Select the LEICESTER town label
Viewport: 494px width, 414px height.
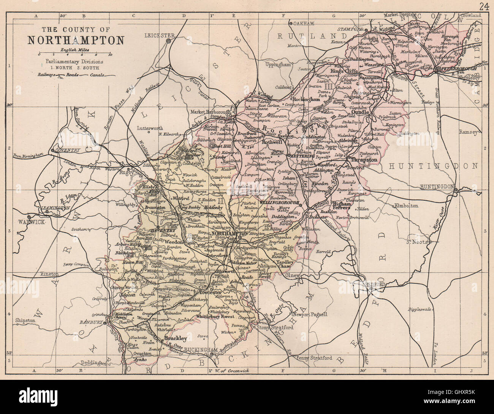(x=159, y=35)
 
